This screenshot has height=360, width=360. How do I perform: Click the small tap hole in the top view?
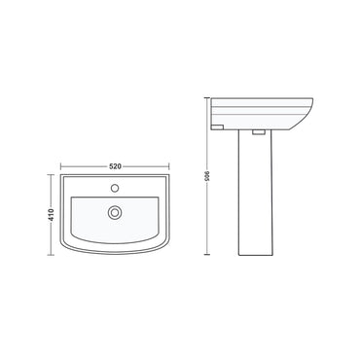point(115,187)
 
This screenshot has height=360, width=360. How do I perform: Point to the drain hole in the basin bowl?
point(115,211)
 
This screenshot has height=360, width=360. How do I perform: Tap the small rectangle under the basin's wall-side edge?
point(220,126)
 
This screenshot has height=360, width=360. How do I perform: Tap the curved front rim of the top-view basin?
point(115,256)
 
